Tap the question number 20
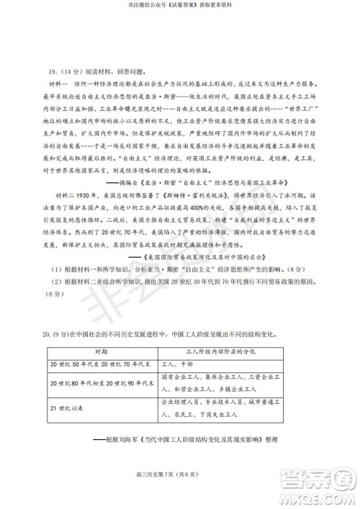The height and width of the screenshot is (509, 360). click(x=48, y=334)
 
